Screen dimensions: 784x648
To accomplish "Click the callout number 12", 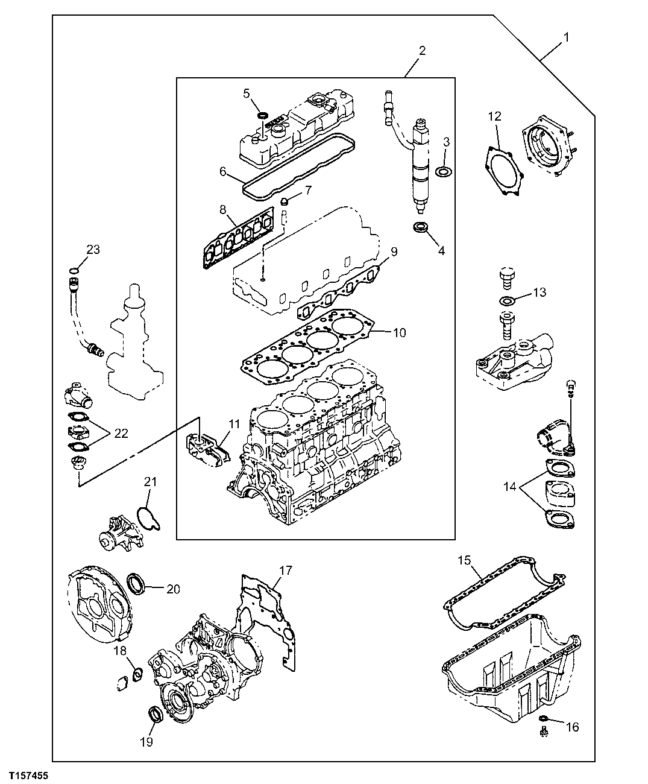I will tap(494, 116).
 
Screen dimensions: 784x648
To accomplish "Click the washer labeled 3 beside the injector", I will tap(444, 172).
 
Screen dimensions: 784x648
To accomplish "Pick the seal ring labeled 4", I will tap(420, 227).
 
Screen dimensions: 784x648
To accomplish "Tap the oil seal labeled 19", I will tap(156, 715).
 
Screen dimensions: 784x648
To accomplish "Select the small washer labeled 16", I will tap(543, 718).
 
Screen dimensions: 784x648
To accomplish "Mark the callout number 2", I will tap(421, 51).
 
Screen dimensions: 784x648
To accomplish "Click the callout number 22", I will tap(121, 433).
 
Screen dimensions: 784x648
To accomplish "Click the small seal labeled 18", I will tap(137, 672).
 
